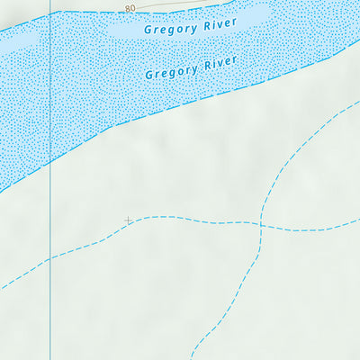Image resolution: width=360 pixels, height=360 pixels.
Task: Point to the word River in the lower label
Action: pyautogui.click(x=219, y=63)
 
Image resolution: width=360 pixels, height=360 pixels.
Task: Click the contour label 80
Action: pyautogui.click(x=130, y=8)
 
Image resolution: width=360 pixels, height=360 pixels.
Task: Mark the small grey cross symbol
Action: pyautogui.click(x=128, y=220)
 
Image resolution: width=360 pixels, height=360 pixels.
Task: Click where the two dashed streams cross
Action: pyautogui.click(x=260, y=223)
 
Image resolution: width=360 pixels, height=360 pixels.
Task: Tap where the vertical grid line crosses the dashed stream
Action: pyautogui.click(x=50, y=259)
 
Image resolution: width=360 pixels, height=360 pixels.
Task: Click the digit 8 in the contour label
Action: pyautogui.click(x=128, y=8)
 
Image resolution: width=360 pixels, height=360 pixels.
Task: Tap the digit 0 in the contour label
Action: pyautogui.click(x=133, y=8)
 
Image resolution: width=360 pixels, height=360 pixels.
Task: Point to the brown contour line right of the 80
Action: pyautogui.click(x=157, y=4)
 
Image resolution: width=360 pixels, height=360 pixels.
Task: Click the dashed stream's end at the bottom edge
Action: pyautogui.click(x=192, y=358)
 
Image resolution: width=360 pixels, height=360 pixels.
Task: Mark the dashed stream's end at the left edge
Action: pyautogui.click(x=2, y=288)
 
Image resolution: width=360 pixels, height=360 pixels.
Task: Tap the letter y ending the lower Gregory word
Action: pyautogui.click(x=192, y=69)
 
